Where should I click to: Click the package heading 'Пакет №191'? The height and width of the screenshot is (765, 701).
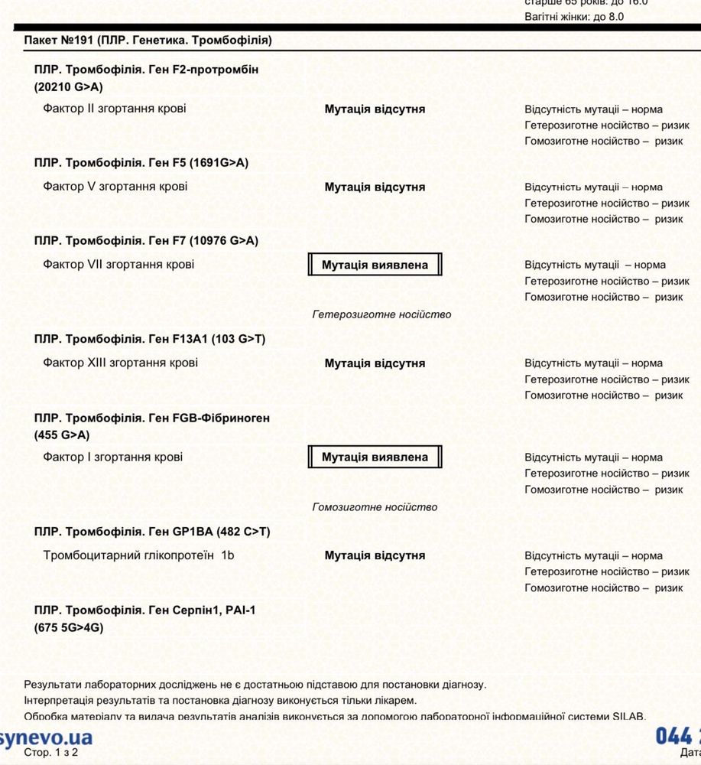148,40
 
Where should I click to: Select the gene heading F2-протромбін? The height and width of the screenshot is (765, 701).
146,78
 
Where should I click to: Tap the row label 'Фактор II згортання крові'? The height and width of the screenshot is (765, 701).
115,109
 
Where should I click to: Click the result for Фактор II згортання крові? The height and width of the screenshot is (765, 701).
375,109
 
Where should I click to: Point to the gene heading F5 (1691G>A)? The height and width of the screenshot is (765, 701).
141,163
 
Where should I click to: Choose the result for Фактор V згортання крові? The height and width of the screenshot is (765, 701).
375,187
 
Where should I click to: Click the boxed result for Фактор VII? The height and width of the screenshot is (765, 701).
375,265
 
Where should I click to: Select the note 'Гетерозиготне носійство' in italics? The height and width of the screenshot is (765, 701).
381,314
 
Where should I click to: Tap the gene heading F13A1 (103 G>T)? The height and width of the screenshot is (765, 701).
150,339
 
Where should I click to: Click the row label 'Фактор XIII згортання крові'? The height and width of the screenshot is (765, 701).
121,363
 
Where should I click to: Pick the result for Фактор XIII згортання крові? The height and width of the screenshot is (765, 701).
375,363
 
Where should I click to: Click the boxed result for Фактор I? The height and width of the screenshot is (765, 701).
375,457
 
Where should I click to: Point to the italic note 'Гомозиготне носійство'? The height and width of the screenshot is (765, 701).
375,507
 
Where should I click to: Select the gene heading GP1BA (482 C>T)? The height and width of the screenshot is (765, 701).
152,532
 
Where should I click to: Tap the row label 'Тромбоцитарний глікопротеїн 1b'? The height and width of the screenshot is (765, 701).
139,555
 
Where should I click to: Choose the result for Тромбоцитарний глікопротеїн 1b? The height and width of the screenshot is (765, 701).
375,556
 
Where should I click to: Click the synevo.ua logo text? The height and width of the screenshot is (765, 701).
46,737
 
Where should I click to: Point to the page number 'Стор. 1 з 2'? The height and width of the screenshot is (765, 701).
50,753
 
